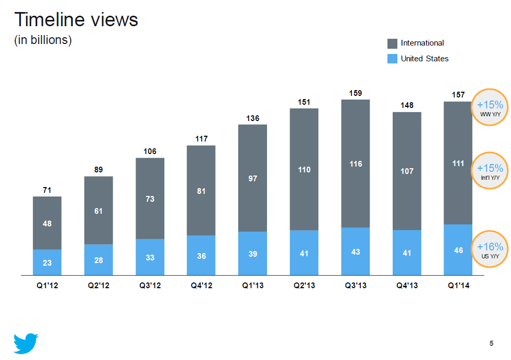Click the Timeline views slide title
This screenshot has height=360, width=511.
tap(76, 20)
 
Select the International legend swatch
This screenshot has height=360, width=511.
tap(392, 43)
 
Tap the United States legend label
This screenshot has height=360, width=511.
tap(424, 59)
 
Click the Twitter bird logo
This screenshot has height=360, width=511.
tap(26, 343)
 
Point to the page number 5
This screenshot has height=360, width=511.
tap(491, 344)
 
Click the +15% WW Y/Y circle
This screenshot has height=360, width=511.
tap(490, 107)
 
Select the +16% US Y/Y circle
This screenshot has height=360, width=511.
tap(490, 250)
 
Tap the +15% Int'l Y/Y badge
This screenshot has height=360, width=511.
tap(490, 171)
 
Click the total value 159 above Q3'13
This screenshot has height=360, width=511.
tap(355, 93)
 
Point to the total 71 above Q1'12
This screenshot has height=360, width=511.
tap(47, 190)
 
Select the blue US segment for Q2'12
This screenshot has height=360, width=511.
tap(98, 259)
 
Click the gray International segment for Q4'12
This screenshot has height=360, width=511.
tap(201, 190)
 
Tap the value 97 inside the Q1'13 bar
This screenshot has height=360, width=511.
tap(252, 179)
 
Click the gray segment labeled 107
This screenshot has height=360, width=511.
tap(406, 171)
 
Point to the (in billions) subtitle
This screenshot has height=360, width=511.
tap(43, 40)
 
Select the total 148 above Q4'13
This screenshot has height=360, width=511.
tap(406, 105)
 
